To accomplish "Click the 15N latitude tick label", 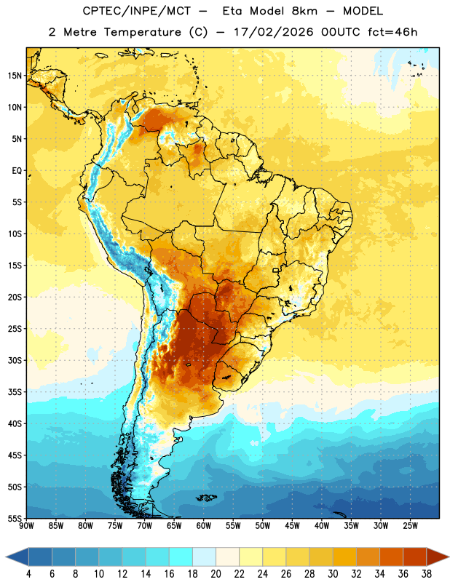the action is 15,76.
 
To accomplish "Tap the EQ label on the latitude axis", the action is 17,171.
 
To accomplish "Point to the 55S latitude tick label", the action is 15,518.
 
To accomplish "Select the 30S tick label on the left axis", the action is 15,360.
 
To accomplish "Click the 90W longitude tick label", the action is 26,526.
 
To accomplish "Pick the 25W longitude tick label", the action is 410,526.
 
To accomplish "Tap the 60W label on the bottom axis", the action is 204,526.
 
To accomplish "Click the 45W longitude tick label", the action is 292,526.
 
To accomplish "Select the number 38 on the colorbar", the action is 426,574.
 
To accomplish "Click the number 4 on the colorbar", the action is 28,574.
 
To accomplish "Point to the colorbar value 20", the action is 216,574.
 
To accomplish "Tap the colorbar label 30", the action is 333,574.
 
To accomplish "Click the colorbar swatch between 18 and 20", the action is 204,557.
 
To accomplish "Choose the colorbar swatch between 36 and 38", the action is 415,557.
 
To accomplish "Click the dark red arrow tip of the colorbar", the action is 449,557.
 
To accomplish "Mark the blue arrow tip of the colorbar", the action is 6,557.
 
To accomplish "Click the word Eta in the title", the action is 233,11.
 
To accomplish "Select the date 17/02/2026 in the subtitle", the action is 274,32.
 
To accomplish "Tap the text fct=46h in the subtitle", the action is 392,32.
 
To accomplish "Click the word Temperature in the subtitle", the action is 142,32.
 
